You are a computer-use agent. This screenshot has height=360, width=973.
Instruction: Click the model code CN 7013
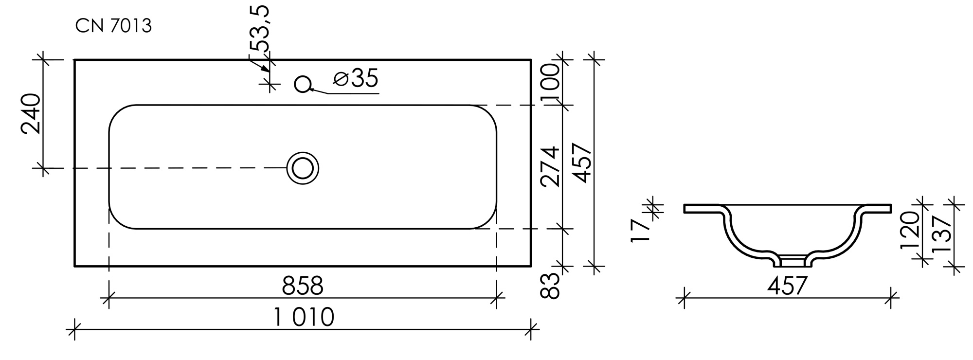click(113, 26)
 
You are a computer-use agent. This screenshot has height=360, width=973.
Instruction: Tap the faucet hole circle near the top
click(303, 84)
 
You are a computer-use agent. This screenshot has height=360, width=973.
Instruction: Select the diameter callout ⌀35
click(356, 78)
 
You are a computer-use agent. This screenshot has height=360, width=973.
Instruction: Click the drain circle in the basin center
click(303, 168)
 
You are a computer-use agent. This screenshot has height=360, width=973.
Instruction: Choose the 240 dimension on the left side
click(31, 113)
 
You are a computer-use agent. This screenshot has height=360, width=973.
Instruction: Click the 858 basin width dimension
click(302, 286)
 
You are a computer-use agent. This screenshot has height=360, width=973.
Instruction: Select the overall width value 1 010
click(304, 318)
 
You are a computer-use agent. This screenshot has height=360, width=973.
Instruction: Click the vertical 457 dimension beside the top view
click(582, 163)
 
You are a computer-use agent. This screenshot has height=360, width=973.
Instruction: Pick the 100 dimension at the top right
click(550, 83)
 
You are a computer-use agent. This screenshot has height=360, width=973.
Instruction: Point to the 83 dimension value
click(550, 286)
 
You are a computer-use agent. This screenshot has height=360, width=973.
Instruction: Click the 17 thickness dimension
click(640, 231)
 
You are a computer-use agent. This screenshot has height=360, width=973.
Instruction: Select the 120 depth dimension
click(909, 230)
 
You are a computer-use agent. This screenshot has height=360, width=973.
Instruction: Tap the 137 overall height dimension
click(941, 234)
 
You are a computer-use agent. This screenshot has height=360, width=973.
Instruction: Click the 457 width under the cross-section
click(787, 286)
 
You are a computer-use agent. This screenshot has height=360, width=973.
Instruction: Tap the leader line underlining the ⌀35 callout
click(353, 92)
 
